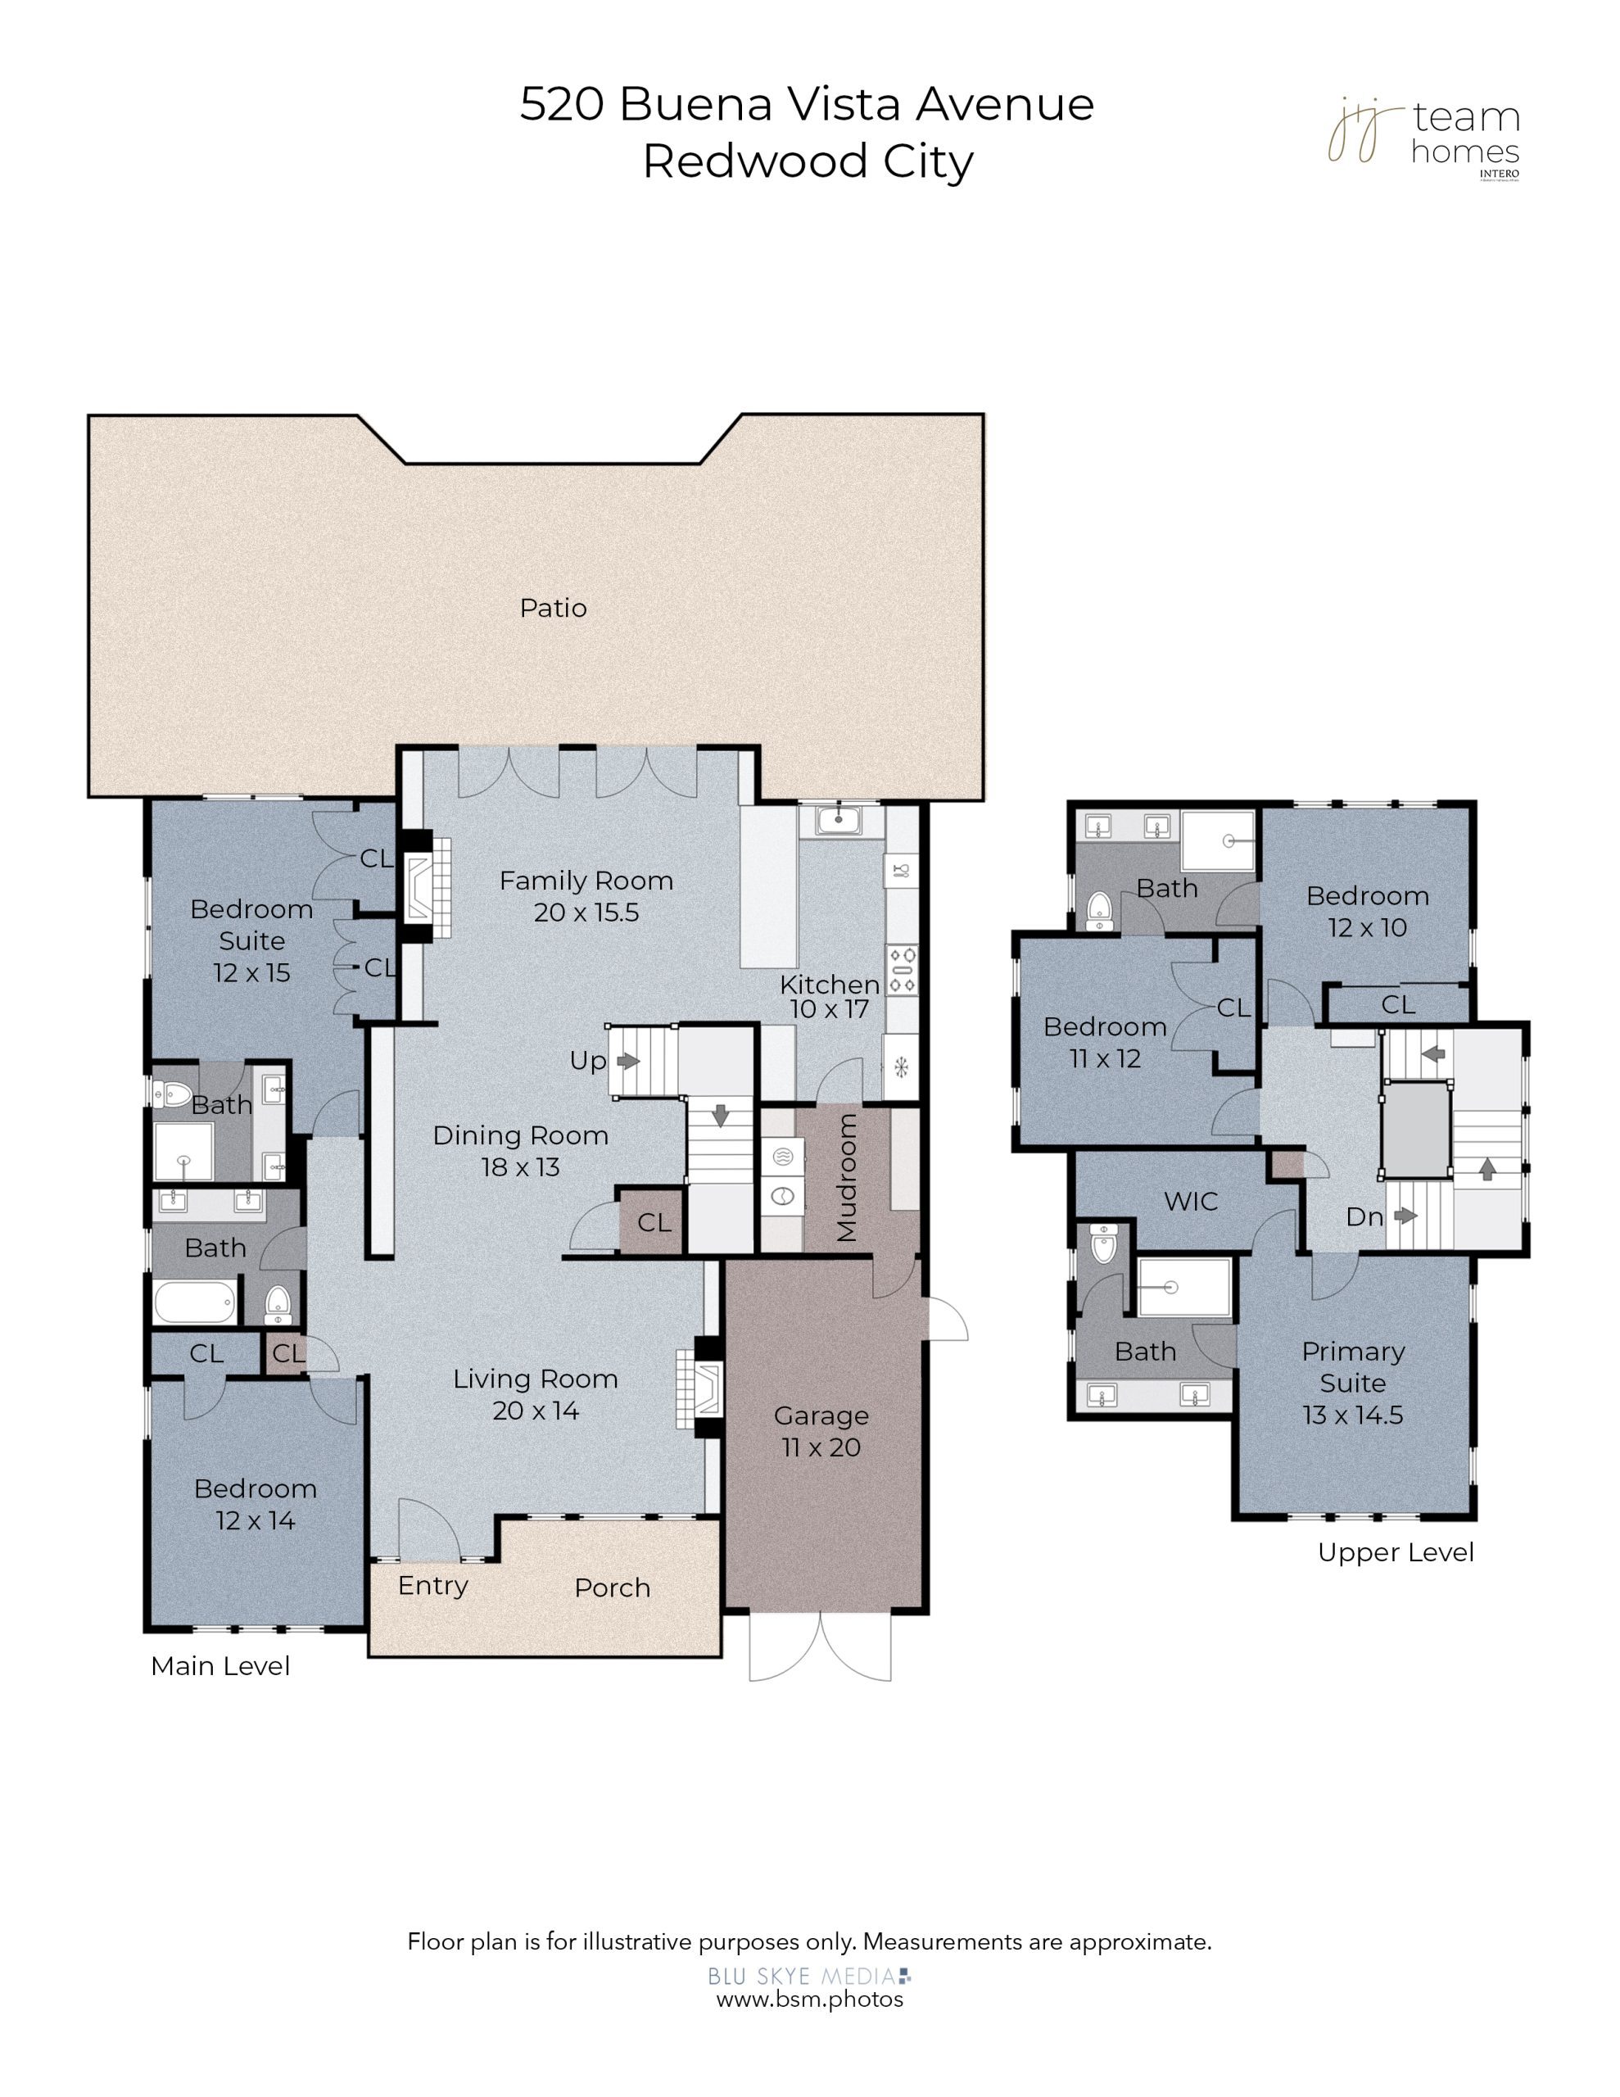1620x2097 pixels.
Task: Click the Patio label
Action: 552,608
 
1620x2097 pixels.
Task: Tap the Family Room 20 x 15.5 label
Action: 586,896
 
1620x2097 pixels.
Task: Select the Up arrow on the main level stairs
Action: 629,1061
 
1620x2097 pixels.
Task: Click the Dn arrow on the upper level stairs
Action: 1406,1216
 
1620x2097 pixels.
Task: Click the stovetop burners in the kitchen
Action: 902,970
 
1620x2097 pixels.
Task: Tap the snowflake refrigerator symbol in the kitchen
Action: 901,1066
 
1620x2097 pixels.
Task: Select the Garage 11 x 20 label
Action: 821,1432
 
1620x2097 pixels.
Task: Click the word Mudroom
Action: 846,1178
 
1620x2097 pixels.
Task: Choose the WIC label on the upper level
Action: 1191,1201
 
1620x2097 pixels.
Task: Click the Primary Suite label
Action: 1353,1367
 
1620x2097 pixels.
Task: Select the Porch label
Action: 612,1588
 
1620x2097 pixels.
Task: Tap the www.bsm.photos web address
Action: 809,1999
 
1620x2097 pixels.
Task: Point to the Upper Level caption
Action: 1396,1552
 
